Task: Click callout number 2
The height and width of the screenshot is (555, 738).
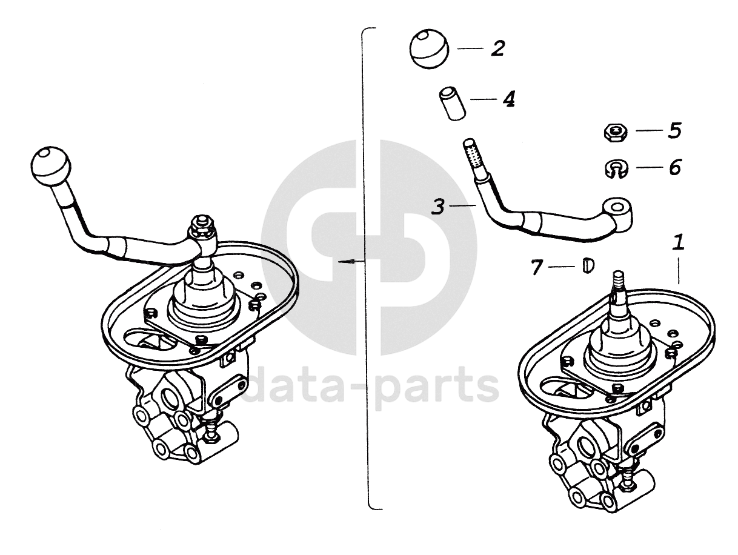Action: pyautogui.click(x=497, y=48)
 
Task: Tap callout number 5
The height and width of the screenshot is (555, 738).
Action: pyautogui.click(x=674, y=131)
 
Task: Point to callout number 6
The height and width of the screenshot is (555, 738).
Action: pyautogui.click(x=674, y=167)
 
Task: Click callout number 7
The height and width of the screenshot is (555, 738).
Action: pyautogui.click(x=536, y=267)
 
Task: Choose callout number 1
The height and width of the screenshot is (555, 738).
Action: pyautogui.click(x=679, y=244)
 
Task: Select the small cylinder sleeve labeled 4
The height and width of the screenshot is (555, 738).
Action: pyautogui.click(x=451, y=104)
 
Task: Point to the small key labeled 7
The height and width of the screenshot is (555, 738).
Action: pyautogui.click(x=587, y=265)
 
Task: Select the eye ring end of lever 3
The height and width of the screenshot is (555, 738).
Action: pyautogui.click(x=618, y=210)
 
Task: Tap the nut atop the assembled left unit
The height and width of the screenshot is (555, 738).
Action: pyautogui.click(x=201, y=228)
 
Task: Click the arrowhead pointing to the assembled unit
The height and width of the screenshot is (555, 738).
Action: pyautogui.click(x=344, y=262)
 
